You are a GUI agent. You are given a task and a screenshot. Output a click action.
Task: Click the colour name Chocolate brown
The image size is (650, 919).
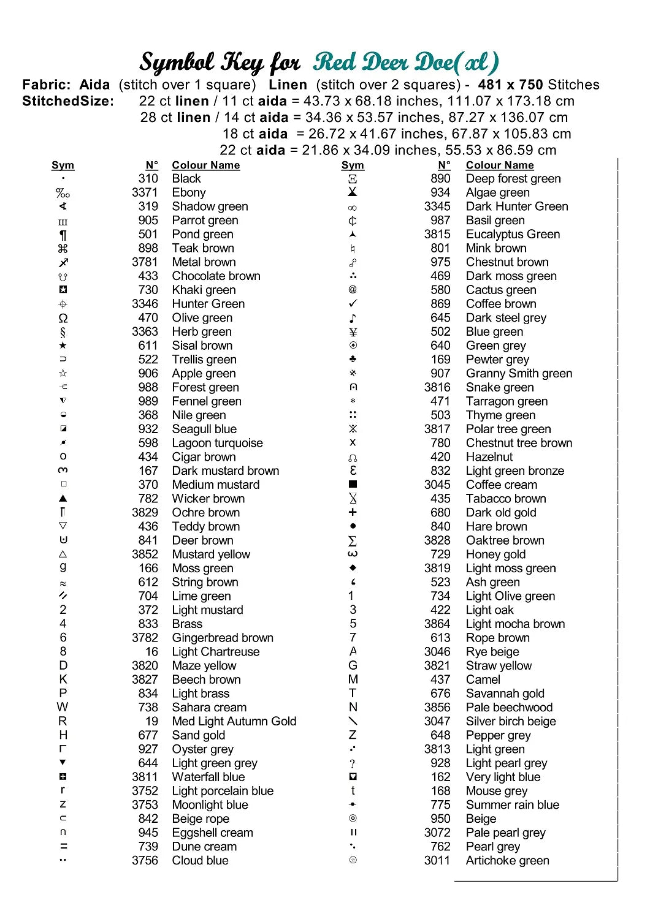pyautogui.click(x=216, y=276)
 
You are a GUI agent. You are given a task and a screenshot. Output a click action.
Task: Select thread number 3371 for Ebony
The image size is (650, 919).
pyautogui.click(x=145, y=192)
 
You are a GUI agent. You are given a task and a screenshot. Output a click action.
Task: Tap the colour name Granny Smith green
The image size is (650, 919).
pyautogui.click(x=519, y=374)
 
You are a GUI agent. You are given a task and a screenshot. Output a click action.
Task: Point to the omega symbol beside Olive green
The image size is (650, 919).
pyautogui.click(x=63, y=318)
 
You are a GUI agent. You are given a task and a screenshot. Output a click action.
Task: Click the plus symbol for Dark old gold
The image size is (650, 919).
pyautogui.click(x=353, y=513)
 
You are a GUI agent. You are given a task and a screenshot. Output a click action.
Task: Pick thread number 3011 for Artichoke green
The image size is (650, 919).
pyautogui.click(x=437, y=861)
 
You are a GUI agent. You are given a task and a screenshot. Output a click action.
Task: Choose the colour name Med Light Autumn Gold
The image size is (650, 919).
pyautogui.click(x=234, y=722)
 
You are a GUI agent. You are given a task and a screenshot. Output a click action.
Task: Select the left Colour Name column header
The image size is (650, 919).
pyautogui.click(x=206, y=165)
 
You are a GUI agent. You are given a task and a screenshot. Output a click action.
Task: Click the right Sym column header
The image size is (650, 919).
pyautogui.click(x=353, y=165)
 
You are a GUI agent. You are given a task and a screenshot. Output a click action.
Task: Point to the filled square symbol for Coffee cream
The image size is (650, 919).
pyautogui.click(x=353, y=485)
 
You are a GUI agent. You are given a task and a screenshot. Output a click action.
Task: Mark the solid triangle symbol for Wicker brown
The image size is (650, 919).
pyautogui.click(x=63, y=499)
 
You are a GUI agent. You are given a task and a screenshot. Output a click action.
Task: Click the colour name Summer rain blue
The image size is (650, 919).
pyautogui.click(x=512, y=805)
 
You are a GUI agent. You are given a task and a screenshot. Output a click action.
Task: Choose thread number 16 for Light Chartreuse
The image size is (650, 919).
pyautogui.click(x=151, y=652)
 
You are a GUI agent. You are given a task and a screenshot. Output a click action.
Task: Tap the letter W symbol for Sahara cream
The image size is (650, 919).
pyautogui.click(x=63, y=708)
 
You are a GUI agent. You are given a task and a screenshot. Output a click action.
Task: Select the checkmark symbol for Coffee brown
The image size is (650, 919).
pyautogui.click(x=353, y=304)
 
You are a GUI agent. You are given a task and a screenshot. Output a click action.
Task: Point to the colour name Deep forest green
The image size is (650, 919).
pyautogui.click(x=513, y=179)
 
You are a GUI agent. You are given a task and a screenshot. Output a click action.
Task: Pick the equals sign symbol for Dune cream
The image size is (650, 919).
pyautogui.click(x=63, y=847)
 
